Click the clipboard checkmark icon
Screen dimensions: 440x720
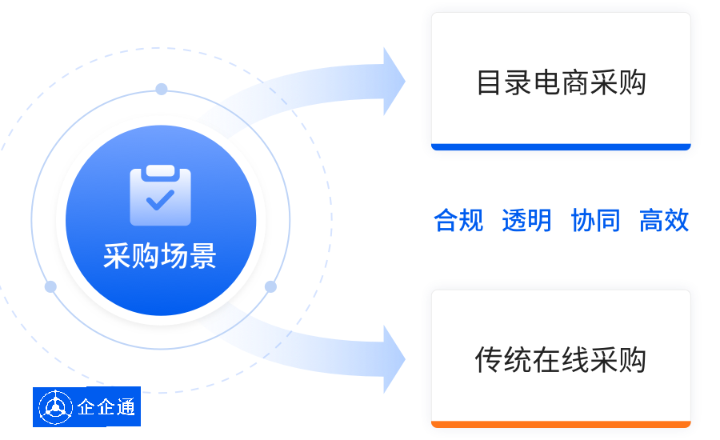point(160,195)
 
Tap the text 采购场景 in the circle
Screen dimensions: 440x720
point(160,256)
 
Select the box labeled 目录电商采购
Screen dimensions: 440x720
point(560,80)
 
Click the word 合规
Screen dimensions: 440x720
point(458,220)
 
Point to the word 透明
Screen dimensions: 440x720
point(526,220)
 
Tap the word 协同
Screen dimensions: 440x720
point(595,220)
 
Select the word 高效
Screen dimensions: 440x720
point(664,220)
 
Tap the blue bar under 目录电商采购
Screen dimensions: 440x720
point(560,146)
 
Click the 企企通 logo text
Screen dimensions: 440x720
point(106,407)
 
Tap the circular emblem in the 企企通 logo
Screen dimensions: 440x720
point(55,407)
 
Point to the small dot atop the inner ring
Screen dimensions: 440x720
point(162,89)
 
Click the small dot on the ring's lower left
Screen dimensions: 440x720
point(50,286)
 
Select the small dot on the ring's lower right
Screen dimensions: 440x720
point(270,286)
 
